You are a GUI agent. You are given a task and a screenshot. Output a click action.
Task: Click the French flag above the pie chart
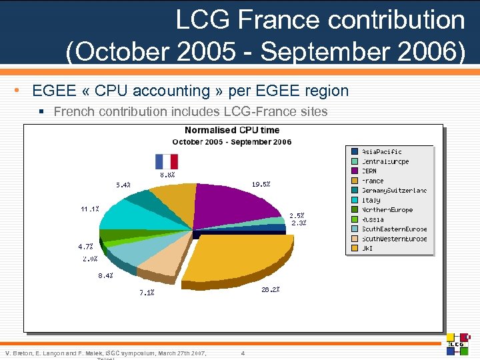[167, 161]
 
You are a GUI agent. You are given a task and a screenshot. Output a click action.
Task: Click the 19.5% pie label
[261, 184]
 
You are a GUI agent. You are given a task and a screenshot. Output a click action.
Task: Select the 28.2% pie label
[271, 289]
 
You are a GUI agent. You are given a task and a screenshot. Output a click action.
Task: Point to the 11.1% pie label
[90, 209]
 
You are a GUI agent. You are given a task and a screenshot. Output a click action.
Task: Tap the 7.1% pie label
[147, 292]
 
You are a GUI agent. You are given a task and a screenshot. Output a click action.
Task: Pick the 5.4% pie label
[123, 185]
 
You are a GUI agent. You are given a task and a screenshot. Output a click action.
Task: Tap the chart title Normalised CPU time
[232, 130]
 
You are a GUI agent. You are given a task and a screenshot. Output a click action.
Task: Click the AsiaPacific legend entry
[381, 151]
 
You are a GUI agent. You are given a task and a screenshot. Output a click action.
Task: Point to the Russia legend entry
[373, 219]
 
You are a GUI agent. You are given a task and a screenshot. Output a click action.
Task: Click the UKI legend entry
[367, 248]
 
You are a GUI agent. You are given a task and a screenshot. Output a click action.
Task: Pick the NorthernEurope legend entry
[387, 209]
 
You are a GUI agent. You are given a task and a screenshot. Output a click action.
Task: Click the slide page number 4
[243, 353]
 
